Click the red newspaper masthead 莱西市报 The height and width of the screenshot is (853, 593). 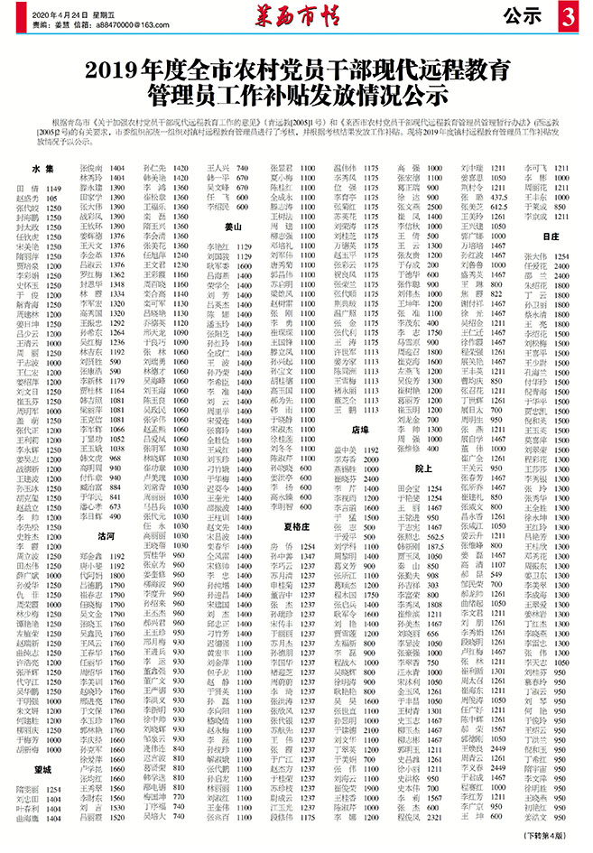pyautogui.click(x=295, y=16)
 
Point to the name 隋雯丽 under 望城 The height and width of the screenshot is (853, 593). pyautogui.click(x=29, y=788)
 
